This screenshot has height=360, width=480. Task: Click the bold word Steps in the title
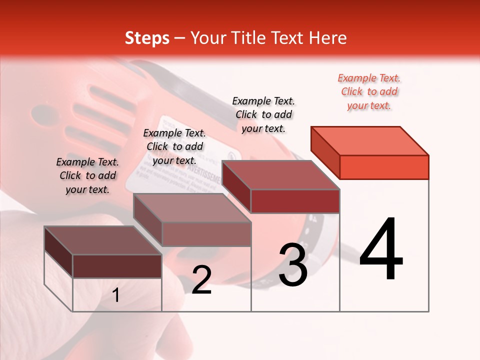click(147, 38)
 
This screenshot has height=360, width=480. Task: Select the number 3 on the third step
click(293, 265)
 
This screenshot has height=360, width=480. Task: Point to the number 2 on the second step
click(201, 280)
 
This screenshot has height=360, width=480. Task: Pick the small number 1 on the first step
click(115, 295)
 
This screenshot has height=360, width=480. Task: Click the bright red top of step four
click(370, 140)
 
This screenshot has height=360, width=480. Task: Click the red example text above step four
click(369, 92)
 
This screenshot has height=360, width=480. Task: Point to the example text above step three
click(264, 114)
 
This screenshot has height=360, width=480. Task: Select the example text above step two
click(174, 146)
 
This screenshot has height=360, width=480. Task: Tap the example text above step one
click(87, 175)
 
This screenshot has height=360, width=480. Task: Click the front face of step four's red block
click(384, 167)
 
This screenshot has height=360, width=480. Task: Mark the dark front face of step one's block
click(117, 266)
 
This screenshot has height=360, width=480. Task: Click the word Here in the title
click(328, 38)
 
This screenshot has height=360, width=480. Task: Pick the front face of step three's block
click(295, 201)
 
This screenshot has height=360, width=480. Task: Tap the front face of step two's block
click(206, 234)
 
